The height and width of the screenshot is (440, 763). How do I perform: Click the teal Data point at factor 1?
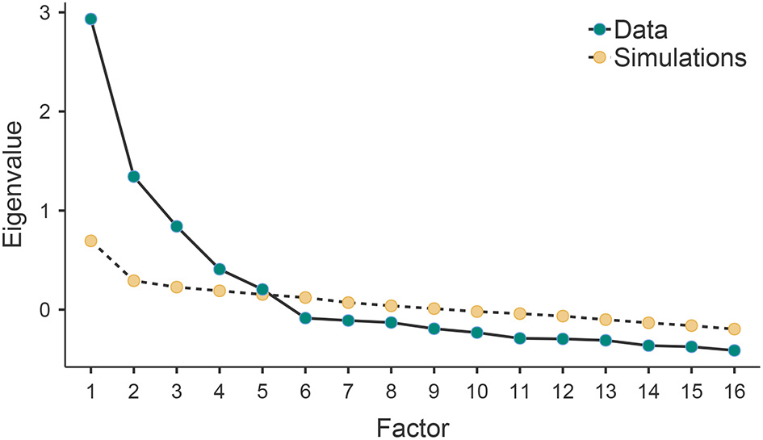click(90, 19)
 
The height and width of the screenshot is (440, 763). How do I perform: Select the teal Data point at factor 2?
click(133, 176)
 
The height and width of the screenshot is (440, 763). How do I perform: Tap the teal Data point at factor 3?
click(176, 226)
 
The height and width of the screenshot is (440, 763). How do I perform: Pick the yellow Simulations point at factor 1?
click(90, 241)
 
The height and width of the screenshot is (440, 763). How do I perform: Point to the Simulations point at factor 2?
click(133, 280)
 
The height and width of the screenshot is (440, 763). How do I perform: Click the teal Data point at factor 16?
click(734, 350)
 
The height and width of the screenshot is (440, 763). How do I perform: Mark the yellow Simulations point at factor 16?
click(734, 329)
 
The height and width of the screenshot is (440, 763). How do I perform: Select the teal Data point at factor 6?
click(305, 318)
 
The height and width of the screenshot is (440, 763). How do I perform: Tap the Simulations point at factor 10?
click(476, 312)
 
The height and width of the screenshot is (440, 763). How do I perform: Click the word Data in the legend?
click(641, 31)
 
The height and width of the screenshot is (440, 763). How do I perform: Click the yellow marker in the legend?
click(598, 58)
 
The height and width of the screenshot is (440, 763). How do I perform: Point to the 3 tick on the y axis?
click(69, 12)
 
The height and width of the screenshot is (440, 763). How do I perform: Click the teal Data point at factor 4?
click(220, 269)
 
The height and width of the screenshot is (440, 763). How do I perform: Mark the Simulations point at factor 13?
click(606, 319)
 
